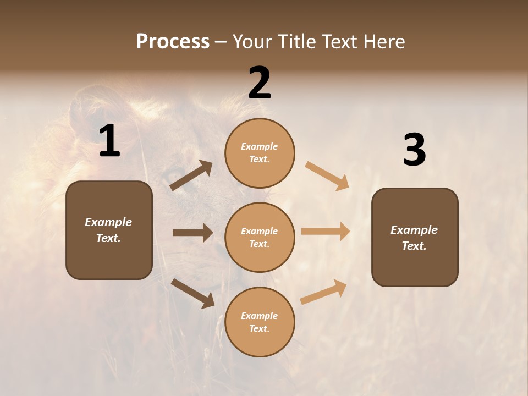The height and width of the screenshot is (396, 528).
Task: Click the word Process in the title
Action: coord(173,42)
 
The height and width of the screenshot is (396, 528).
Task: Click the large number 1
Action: coord(109,141)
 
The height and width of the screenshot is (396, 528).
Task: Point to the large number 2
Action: coord(260,84)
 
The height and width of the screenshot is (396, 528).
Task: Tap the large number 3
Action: coord(414,151)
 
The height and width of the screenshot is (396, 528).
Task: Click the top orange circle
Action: coord(260,153)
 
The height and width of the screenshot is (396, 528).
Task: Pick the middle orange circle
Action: coord(260,238)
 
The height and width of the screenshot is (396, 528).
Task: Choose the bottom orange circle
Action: coord(260,322)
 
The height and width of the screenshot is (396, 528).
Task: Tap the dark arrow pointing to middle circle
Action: coord(193,233)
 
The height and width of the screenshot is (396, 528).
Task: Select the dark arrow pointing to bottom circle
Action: coord(193,293)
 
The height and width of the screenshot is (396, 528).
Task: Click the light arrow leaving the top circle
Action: coord(327,175)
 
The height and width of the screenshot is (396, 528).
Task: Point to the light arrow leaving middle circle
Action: coord(326,231)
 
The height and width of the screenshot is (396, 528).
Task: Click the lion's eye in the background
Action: coord(174,174)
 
